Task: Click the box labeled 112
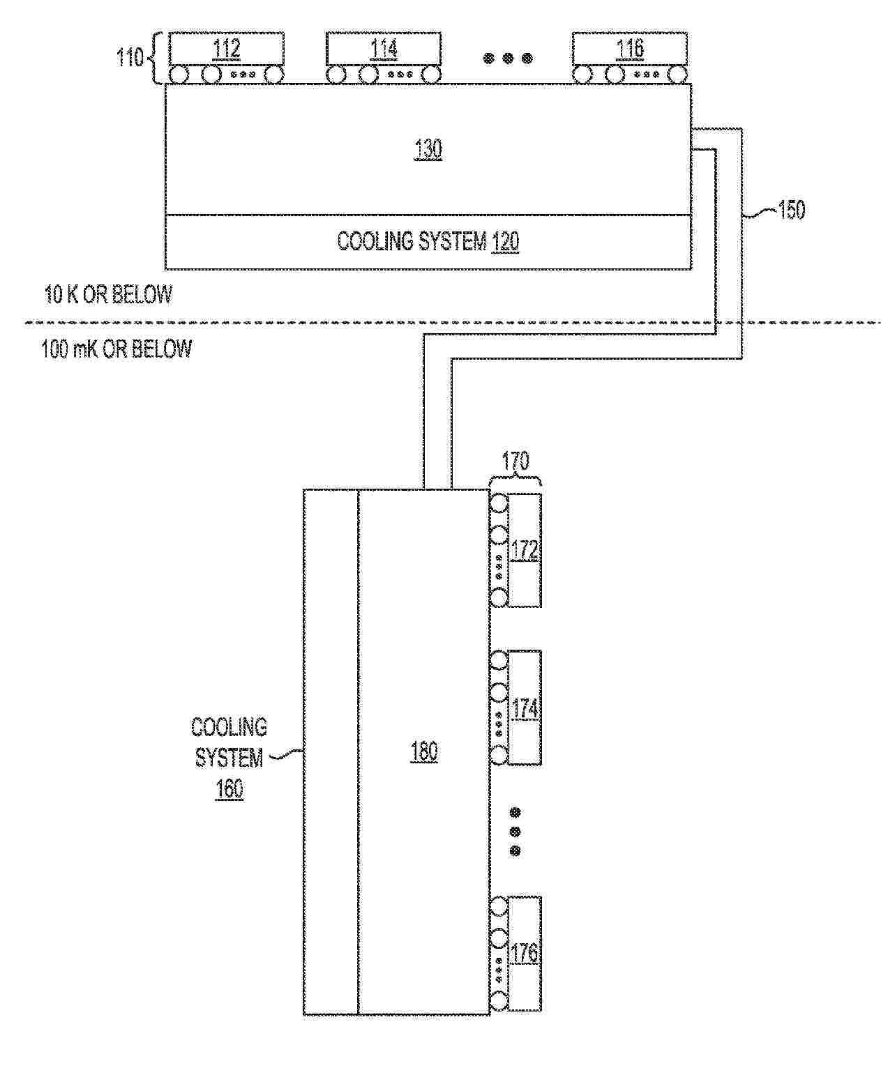point(227,49)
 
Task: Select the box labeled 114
point(383,49)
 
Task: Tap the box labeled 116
point(630,49)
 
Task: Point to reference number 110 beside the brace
point(130,56)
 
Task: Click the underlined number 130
point(428,149)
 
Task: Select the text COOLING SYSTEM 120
point(428,241)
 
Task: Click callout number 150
point(791,210)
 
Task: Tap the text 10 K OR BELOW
point(108,294)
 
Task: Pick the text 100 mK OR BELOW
point(116,349)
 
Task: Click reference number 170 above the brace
point(515,461)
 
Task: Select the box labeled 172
point(525,550)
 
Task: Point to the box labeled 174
point(525,708)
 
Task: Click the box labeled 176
point(525,954)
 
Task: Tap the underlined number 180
point(424,751)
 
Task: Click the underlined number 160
point(229,788)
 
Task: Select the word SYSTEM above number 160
point(229,758)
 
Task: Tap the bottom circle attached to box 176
point(499,1002)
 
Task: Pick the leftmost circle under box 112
point(179,75)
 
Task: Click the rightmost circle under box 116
point(677,75)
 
